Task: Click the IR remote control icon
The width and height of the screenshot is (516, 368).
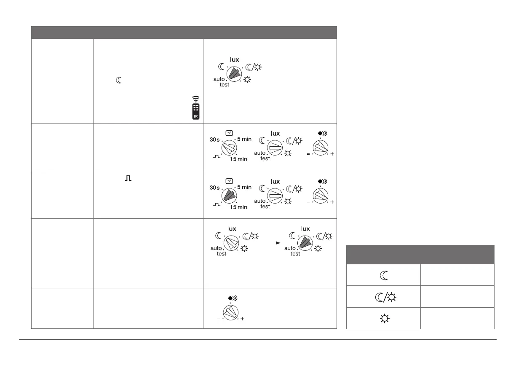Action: tap(196, 111)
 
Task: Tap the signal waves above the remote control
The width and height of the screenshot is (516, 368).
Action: tap(196, 99)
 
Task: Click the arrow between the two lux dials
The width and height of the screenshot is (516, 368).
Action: tap(271, 243)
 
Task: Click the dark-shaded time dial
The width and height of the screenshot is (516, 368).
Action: tap(230, 196)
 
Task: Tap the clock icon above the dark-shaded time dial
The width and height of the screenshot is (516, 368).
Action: tap(229, 181)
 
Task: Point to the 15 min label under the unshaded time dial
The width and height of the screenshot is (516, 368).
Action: tap(239, 159)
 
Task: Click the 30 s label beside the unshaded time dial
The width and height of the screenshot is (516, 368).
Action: tap(215, 140)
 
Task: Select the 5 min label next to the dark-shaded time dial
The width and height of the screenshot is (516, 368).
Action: tap(244, 187)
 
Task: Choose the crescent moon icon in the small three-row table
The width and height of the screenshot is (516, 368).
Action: tap(383, 275)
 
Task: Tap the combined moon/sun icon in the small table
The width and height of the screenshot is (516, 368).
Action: tap(383, 296)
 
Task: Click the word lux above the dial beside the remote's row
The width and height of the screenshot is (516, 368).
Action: tap(234, 59)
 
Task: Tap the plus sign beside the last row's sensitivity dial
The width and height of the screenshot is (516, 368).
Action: tap(243, 319)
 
